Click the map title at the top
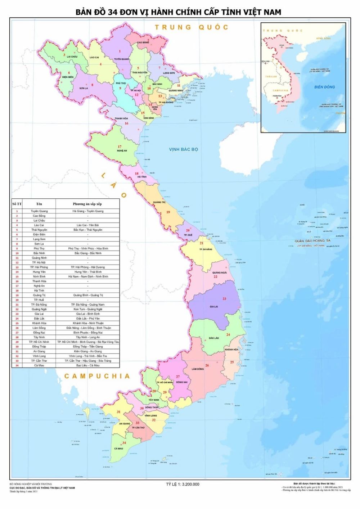(x=178, y=12)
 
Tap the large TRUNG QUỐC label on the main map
(x=192, y=27)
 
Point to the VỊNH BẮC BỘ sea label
(x=184, y=149)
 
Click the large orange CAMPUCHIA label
(x=97, y=376)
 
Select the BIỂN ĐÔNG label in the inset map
(x=324, y=87)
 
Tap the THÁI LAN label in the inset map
(x=271, y=77)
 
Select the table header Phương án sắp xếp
(x=87, y=204)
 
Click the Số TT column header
(x=17, y=204)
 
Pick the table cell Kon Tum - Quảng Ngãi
(x=87, y=309)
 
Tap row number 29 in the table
(x=17, y=342)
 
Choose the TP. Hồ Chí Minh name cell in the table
(x=39, y=342)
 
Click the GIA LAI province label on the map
(x=214, y=307)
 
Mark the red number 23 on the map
(x=224, y=299)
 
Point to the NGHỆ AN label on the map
(x=122, y=151)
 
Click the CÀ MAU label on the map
(x=119, y=449)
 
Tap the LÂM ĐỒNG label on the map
(x=198, y=369)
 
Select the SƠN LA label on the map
(x=84, y=88)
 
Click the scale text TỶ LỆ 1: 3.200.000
(x=183, y=485)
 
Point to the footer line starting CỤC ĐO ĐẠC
(x=42, y=488)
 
